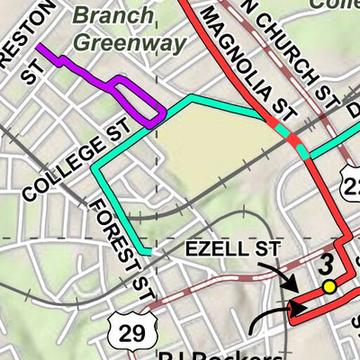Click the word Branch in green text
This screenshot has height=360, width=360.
coord(109,16)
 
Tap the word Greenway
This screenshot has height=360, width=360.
coord(130,41)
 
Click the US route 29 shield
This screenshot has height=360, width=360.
coord(131,332)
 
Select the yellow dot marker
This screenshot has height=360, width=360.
coord(329,286)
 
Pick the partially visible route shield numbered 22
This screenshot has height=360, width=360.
coord(352,184)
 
